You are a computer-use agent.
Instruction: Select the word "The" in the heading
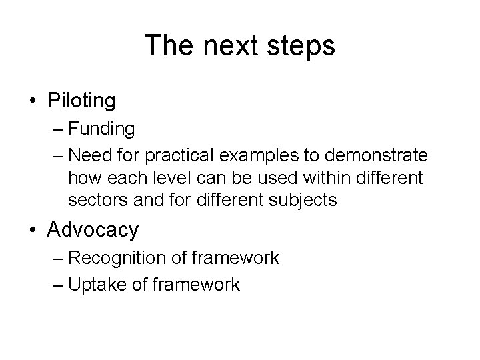(x=165, y=46)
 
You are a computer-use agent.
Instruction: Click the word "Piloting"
(x=81, y=101)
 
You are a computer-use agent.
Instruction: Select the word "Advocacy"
(x=93, y=230)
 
